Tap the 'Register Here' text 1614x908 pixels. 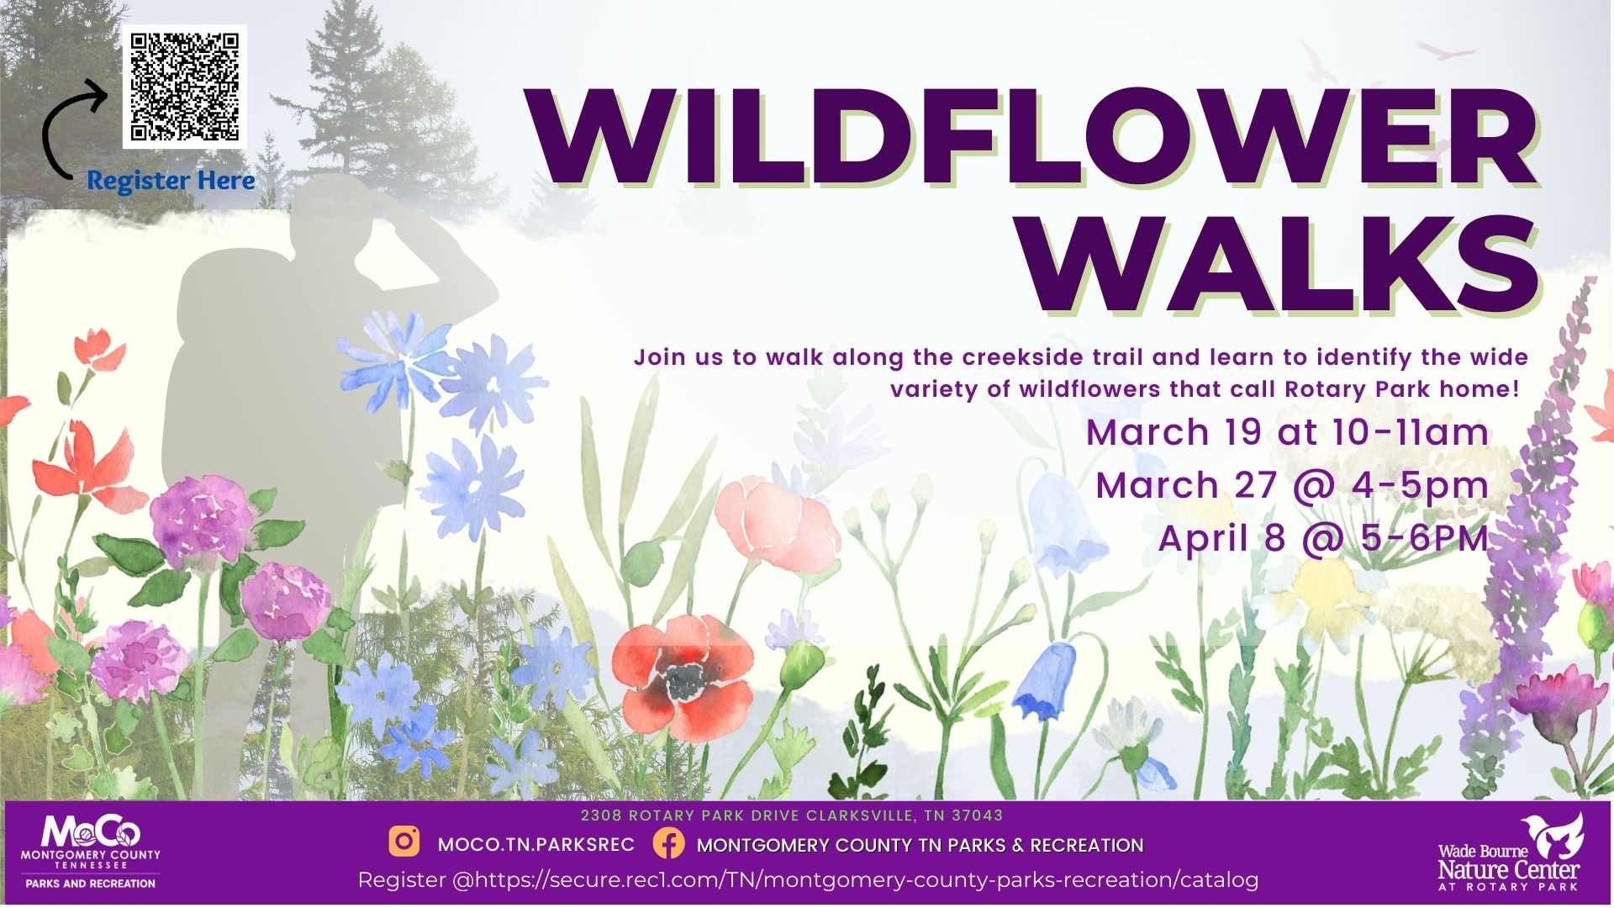pos(171,181)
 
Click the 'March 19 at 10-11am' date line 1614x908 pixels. pos(1287,432)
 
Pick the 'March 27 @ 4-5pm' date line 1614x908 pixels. pos(1292,485)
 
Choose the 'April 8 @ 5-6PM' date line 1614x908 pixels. pos(1323,538)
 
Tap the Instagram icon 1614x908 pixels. pos(404,842)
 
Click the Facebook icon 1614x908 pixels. pos(668,842)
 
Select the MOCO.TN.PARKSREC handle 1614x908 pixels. pos(536,844)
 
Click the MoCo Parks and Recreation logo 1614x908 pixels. pos(91,852)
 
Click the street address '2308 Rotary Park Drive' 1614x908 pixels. pos(691,816)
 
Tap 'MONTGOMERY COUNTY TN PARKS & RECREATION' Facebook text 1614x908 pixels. pos(920,845)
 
